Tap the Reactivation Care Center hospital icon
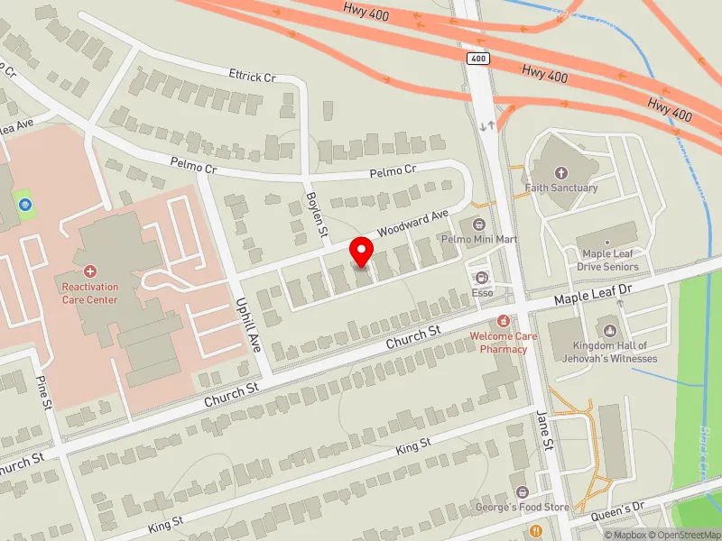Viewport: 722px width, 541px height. tap(90, 270)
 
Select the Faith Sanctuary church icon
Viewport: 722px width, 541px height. tap(561, 172)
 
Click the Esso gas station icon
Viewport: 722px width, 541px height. tap(481, 278)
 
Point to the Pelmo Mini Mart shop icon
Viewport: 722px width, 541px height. tap(478, 224)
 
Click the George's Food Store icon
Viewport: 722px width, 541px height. tap(522, 491)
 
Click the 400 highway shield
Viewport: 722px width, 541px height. tap(477, 58)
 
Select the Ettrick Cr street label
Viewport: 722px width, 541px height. tap(252, 77)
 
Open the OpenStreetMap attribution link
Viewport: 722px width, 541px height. tap(681, 535)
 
